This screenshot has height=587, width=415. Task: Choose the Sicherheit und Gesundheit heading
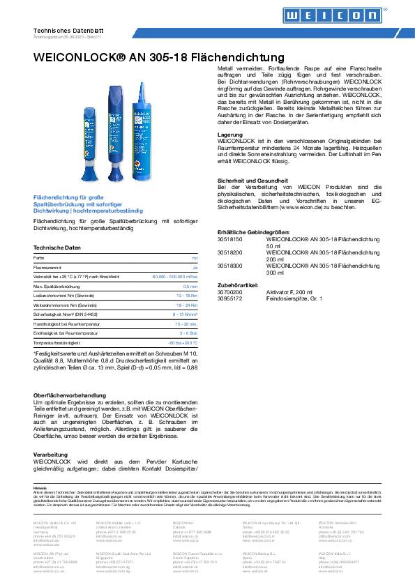point(253,181)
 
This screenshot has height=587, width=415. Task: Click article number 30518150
point(230,239)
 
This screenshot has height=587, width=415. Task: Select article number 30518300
point(230,266)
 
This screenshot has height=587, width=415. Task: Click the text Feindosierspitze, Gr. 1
point(299,298)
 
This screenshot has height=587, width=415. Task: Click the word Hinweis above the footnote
point(40,488)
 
